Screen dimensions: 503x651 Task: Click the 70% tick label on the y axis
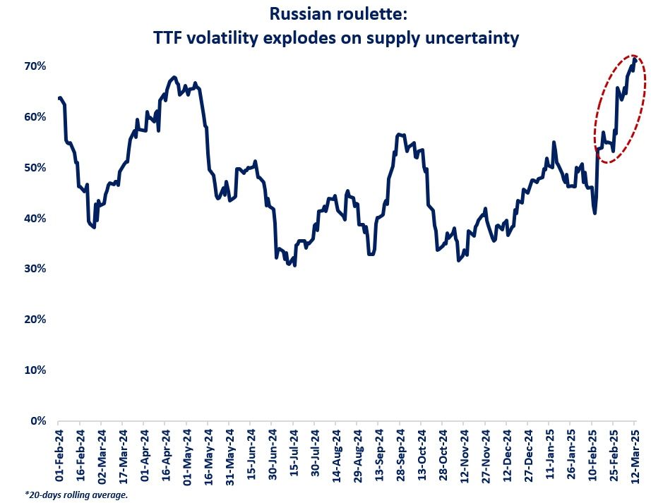point(35,66)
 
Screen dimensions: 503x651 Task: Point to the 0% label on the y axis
point(38,421)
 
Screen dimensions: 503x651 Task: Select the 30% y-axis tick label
point(35,269)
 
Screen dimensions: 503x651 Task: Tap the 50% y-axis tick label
point(35,168)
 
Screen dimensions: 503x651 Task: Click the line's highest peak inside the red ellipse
point(635,59)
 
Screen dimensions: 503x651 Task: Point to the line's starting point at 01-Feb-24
point(59,98)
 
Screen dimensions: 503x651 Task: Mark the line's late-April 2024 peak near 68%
point(174,76)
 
